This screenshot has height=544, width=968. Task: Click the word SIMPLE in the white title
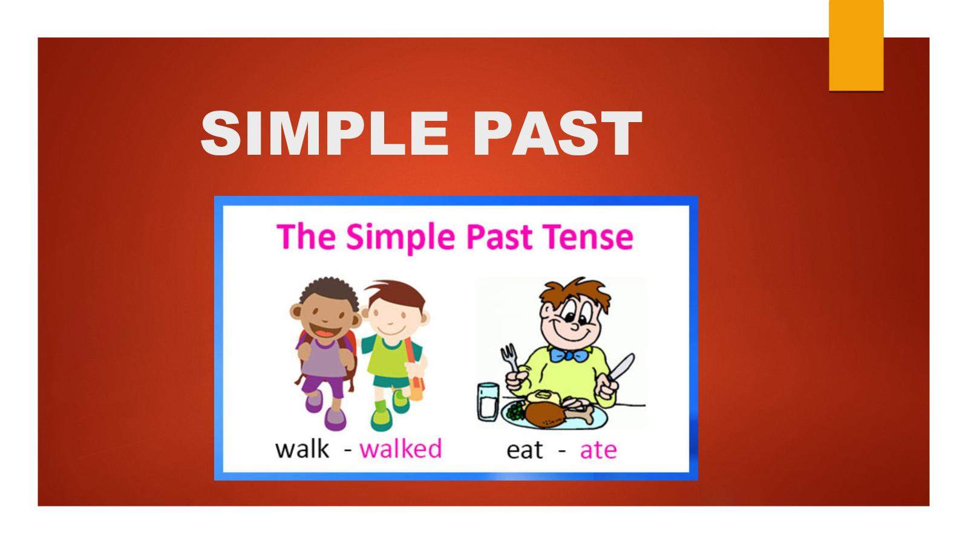324,133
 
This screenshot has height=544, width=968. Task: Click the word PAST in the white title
557,133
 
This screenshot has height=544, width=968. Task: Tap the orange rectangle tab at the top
855,45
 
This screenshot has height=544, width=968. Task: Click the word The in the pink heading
306,236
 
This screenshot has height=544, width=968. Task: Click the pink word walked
401,448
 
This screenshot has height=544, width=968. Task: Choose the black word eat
525,450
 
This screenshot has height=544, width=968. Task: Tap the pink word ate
598,450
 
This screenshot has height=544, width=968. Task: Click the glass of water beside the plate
488,402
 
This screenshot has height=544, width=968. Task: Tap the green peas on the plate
515,410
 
